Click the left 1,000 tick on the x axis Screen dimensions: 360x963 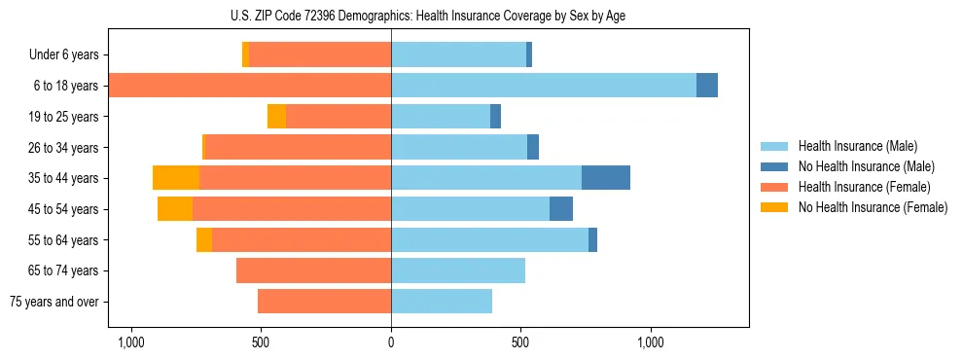[x=130, y=342]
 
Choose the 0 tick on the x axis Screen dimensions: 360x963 [x=391, y=342]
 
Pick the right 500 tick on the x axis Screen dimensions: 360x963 [x=520, y=342]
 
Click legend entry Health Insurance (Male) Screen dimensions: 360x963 [x=857, y=146]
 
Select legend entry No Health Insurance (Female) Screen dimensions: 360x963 [x=873, y=207]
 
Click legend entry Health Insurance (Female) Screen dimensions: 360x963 [x=864, y=187]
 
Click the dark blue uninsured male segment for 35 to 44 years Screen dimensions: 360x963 [x=606, y=178]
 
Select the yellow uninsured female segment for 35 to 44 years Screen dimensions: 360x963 [x=176, y=178]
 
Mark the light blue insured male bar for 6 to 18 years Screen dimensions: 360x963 [x=544, y=86]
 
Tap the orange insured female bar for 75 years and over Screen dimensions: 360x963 [x=324, y=302]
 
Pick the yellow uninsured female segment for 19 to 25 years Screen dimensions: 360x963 [x=277, y=117]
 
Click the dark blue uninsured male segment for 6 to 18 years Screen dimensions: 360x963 [x=707, y=86]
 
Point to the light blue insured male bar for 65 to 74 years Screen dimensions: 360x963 [x=458, y=270]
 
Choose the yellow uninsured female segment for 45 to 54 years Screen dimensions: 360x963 [x=175, y=209]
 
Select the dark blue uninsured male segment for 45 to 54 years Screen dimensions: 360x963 [x=561, y=209]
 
